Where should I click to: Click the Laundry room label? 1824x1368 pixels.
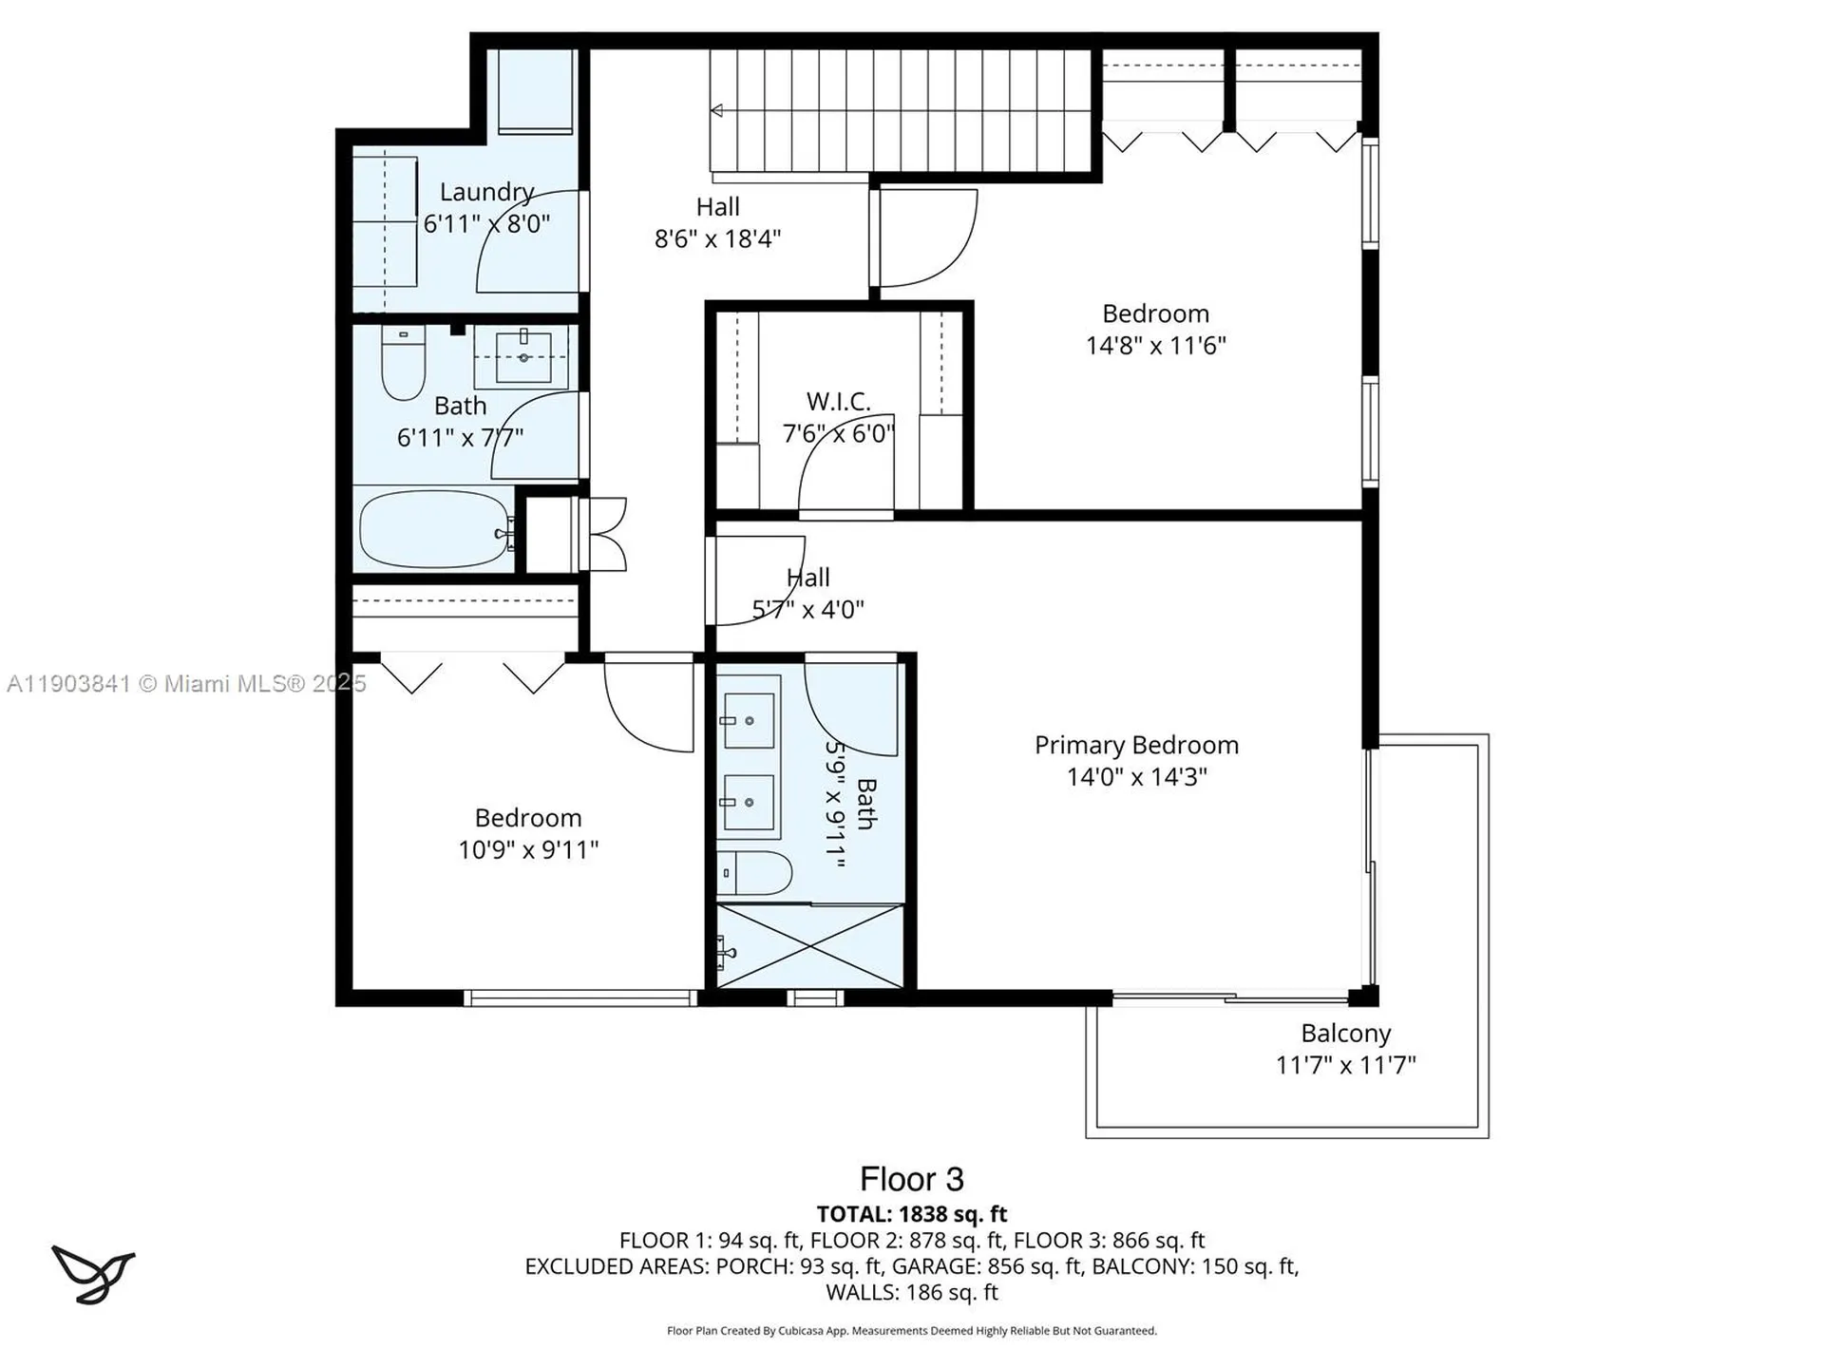tap(486, 193)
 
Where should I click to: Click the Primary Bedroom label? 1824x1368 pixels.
tap(1136, 746)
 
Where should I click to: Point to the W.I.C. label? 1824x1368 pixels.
tap(838, 402)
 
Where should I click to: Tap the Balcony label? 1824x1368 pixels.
tap(1345, 1034)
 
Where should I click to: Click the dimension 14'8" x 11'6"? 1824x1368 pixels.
tap(1155, 346)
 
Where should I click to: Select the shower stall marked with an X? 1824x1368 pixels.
tap(810, 947)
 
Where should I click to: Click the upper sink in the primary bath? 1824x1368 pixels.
tap(749, 720)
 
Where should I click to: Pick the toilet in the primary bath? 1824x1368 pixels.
tap(755, 872)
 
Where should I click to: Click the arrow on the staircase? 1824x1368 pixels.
tap(717, 111)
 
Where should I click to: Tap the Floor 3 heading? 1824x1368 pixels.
tap(911, 1180)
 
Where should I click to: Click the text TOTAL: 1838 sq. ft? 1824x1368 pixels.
tap(911, 1214)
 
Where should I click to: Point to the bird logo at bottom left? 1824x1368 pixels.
tap(92, 1273)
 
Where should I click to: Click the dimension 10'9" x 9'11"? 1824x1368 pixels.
tap(528, 850)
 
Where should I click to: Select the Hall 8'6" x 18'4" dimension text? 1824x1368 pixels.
tap(717, 239)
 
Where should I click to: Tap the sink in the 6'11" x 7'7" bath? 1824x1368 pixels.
tap(523, 356)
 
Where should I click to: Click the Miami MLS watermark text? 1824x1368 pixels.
tap(186, 684)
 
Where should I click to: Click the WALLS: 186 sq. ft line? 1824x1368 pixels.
tap(911, 1293)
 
